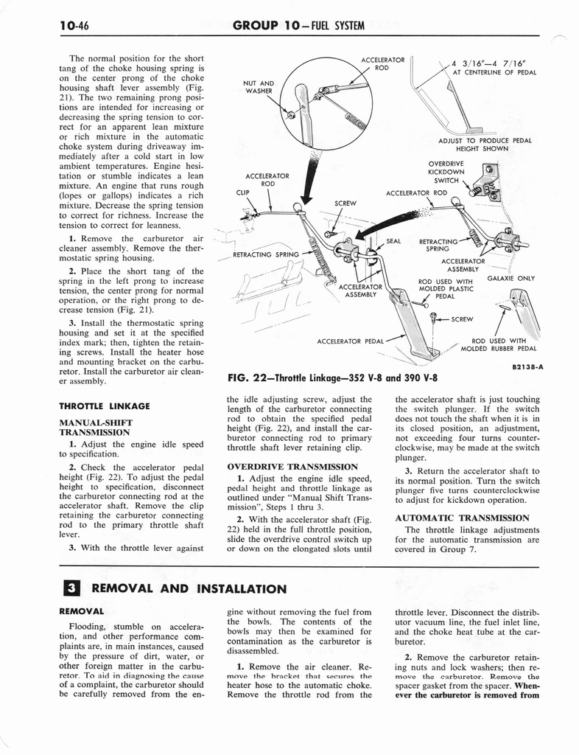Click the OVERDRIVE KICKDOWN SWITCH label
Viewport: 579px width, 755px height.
click(446, 172)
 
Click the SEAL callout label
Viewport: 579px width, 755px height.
click(394, 240)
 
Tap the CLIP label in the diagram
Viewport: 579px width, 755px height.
click(245, 193)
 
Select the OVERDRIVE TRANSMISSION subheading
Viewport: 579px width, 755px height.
click(283, 467)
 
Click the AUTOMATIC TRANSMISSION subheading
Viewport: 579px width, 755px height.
click(463, 518)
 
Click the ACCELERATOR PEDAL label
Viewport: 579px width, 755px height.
click(350, 341)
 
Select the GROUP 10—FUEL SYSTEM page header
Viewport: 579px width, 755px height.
click(298, 27)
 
